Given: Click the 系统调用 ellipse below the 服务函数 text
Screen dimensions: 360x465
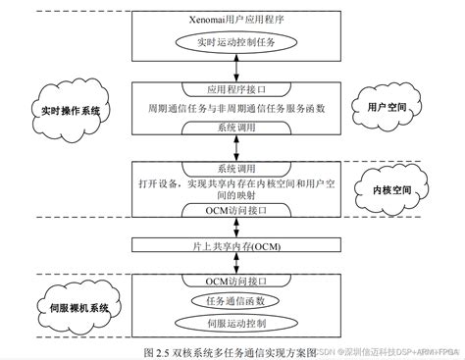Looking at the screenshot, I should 232,128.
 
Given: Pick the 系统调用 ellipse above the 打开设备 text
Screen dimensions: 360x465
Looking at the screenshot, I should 232,169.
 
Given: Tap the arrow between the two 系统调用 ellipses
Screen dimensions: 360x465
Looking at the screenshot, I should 232,148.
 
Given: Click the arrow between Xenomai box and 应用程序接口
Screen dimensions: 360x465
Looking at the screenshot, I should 232,69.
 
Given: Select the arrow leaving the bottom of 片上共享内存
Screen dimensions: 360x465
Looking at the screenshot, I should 232,263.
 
